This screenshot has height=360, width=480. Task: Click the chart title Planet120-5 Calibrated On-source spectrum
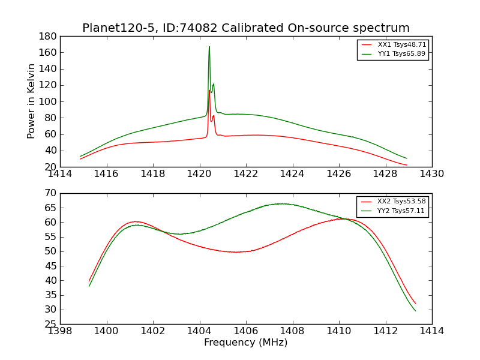(x=246, y=28)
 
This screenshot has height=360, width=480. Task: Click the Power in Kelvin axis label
(x=32, y=101)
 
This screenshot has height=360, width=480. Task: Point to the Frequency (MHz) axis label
(x=246, y=343)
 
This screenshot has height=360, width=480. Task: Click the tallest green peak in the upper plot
(x=209, y=47)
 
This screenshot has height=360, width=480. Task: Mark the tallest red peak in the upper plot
(x=209, y=91)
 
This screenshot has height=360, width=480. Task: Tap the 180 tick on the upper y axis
(x=49, y=36)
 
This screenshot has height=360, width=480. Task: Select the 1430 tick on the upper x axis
(x=432, y=174)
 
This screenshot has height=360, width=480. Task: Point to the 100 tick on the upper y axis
(x=49, y=101)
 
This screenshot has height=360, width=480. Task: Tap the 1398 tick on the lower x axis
(x=60, y=331)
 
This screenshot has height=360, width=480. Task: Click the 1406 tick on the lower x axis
(x=246, y=331)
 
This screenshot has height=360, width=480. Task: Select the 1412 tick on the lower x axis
(x=385, y=331)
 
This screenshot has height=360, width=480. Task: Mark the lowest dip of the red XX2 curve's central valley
(x=236, y=252)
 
